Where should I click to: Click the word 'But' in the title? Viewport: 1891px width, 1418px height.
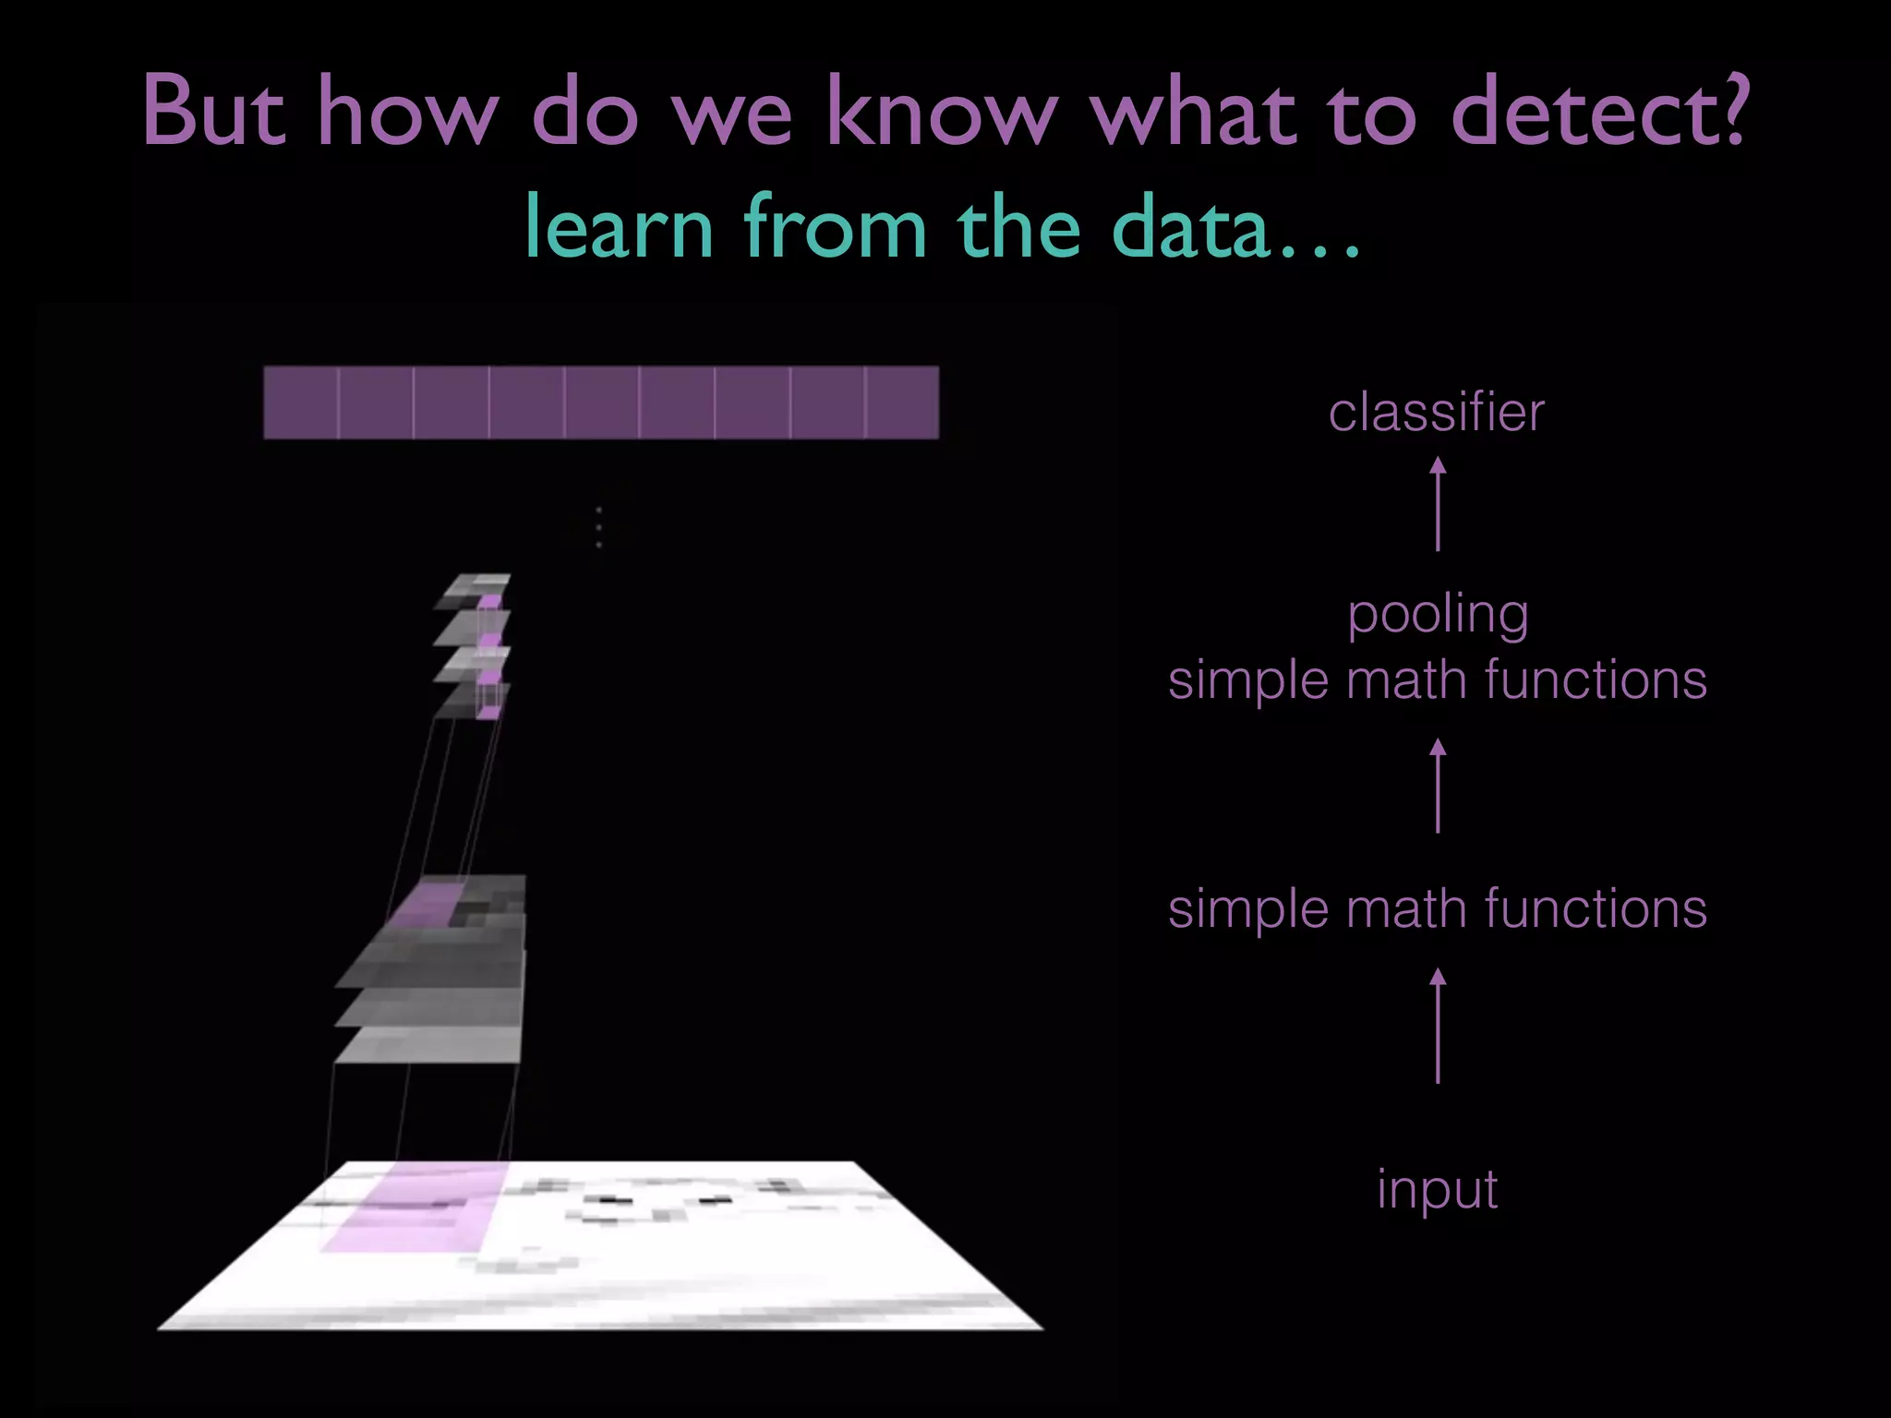[x=214, y=113]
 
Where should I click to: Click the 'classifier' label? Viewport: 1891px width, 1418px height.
[x=1436, y=413]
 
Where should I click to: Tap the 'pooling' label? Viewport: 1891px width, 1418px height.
[x=1438, y=616]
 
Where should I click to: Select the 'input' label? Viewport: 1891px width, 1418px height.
[x=1437, y=1189]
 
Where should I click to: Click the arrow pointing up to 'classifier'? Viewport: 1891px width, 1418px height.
[x=1438, y=505]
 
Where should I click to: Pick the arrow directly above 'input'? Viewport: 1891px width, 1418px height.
[x=1438, y=1025]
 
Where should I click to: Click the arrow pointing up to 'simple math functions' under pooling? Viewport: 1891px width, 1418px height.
[x=1438, y=787]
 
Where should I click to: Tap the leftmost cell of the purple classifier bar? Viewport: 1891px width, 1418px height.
[x=301, y=403]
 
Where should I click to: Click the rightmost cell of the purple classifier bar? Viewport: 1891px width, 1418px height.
[x=902, y=403]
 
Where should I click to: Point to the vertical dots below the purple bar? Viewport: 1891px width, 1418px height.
[x=599, y=527]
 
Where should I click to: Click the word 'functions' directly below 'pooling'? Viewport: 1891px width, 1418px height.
[x=1596, y=680]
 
